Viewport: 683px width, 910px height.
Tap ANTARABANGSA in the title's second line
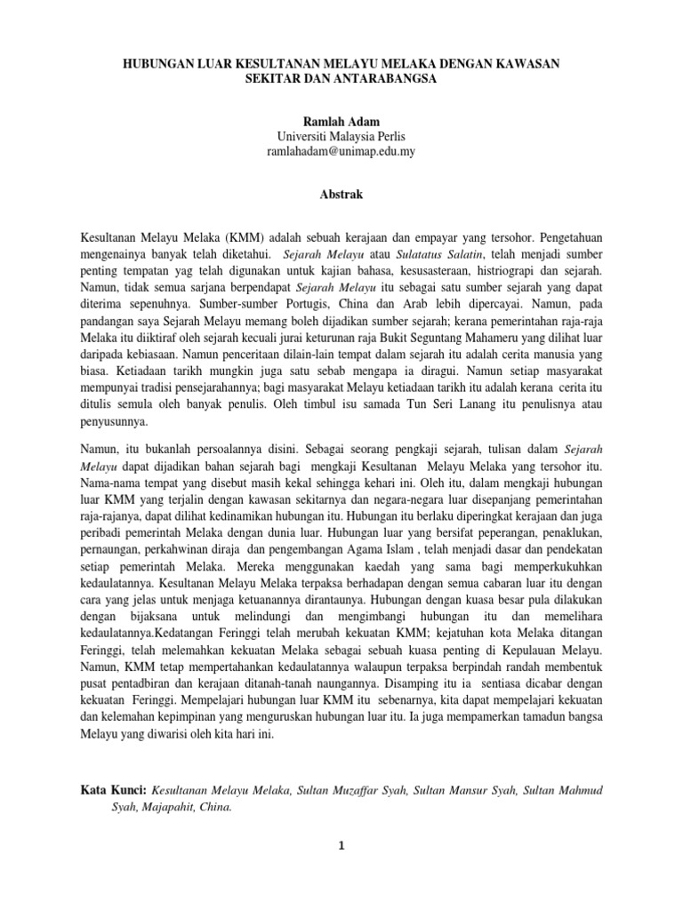tap(387, 80)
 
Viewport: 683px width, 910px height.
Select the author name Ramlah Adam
tap(341, 120)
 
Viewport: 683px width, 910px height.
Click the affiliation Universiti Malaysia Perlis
tap(341, 136)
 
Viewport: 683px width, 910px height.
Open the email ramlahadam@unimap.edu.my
tap(341, 152)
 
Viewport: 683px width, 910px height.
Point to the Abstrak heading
tap(341, 192)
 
